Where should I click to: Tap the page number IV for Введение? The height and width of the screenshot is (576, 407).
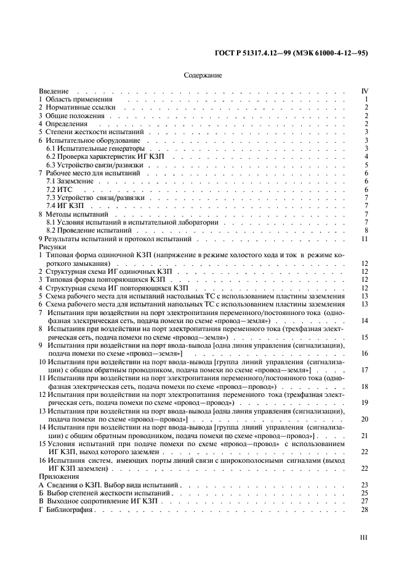[364, 91]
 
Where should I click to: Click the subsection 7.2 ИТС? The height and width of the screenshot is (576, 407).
[60, 190]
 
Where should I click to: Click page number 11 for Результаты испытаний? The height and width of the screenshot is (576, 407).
[365, 238]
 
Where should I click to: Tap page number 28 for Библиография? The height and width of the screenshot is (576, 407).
[365, 510]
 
